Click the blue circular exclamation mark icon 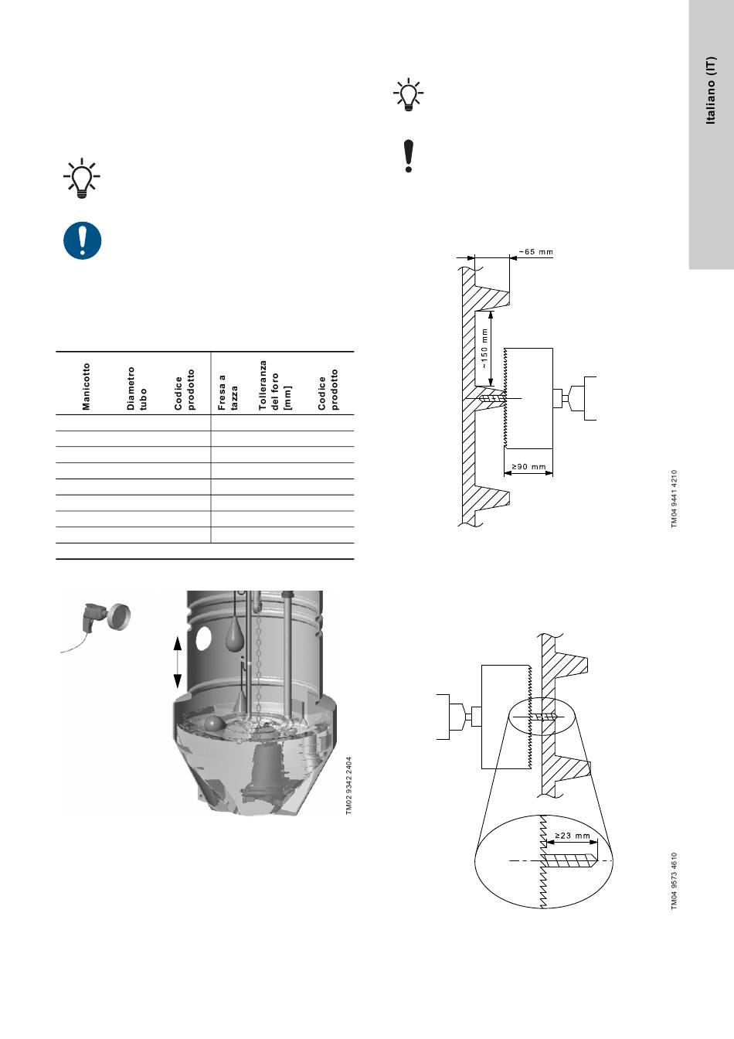[82, 240]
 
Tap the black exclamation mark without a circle [409, 156]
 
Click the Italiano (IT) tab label [711, 90]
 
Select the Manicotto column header [87, 387]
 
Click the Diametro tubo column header [137, 388]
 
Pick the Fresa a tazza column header [228, 393]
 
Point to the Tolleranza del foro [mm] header [274, 385]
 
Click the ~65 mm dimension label [536, 252]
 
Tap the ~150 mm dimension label [484, 349]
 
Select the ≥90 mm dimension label [529, 467]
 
